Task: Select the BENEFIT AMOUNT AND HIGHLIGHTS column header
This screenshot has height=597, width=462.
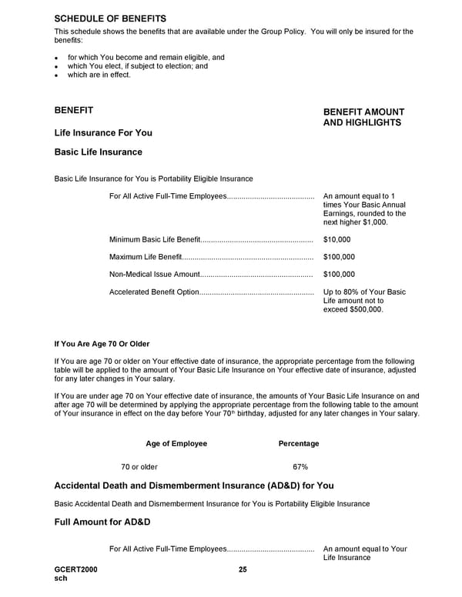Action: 363,117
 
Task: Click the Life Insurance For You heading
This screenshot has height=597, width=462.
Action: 103,133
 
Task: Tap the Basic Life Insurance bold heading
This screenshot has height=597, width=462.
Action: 98,152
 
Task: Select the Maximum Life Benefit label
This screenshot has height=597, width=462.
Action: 146,257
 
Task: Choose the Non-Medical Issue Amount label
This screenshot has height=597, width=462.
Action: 154,274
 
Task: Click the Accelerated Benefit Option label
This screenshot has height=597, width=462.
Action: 154,292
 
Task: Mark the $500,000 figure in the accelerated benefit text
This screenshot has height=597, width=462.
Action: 365,309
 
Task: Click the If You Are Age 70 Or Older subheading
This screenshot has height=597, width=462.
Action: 102,344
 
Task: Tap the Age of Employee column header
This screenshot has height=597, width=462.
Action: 176,444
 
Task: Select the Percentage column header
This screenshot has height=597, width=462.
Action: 298,444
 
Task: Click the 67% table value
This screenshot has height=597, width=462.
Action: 300,467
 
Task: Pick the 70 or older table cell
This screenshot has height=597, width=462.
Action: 139,467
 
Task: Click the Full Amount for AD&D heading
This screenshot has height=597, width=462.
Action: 102,523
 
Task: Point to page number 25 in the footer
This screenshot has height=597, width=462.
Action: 243,569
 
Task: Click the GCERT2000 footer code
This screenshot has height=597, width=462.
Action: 75,569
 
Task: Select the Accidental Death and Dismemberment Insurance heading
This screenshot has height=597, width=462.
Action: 193,486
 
